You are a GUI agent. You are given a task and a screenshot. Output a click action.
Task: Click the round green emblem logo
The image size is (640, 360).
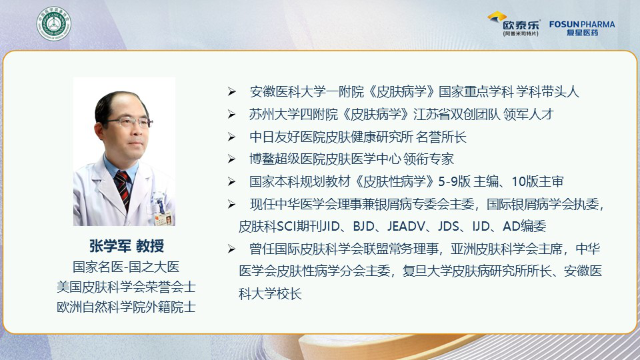pyautogui.click(x=53, y=24)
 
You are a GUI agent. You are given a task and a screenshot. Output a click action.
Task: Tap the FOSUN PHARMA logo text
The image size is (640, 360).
pyautogui.click(x=582, y=25)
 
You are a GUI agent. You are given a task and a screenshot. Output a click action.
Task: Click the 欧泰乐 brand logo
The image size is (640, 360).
pyautogui.click(x=514, y=24)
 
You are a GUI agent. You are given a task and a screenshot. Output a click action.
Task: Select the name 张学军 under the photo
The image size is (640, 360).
pyautogui.click(x=110, y=246)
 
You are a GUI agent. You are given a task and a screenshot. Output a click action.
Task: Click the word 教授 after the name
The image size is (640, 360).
pyautogui.click(x=150, y=246)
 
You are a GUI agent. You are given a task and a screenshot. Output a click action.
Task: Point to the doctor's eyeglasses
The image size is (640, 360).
pyautogui.click(x=129, y=121)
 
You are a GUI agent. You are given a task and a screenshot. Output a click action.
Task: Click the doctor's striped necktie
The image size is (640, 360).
pyautogui.click(x=123, y=189)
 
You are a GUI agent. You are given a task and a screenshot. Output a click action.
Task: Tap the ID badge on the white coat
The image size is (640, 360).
pyautogui.click(x=162, y=213)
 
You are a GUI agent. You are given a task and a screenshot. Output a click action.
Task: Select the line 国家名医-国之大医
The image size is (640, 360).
pyautogui.click(x=126, y=267)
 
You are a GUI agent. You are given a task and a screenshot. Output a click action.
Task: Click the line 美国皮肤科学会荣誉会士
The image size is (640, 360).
pyautogui.click(x=126, y=287)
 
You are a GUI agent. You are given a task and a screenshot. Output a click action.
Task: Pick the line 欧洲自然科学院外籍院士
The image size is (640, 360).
pyautogui.click(x=126, y=307)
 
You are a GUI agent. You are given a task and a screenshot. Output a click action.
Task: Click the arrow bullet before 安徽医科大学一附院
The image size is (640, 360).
pyautogui.click(x=232, y=92)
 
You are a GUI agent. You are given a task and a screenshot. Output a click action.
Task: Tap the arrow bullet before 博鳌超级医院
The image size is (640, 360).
pyautogui.click(x=232, y=159)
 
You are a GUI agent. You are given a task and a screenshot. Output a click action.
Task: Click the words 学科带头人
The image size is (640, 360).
pyautogui.click(x=547, y=92)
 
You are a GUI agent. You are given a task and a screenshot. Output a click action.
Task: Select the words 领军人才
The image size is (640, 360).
pyautogui.click(x=528, y=114)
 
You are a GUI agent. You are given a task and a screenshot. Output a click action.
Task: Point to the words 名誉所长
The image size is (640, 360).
pyautogui.click(x=441, y=137)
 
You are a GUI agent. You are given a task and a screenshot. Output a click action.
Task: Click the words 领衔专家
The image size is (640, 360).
pyautogui.click(x=428, y=159)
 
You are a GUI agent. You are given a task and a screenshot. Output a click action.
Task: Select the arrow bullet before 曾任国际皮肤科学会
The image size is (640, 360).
pyautogui.click(x=232, y=249)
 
